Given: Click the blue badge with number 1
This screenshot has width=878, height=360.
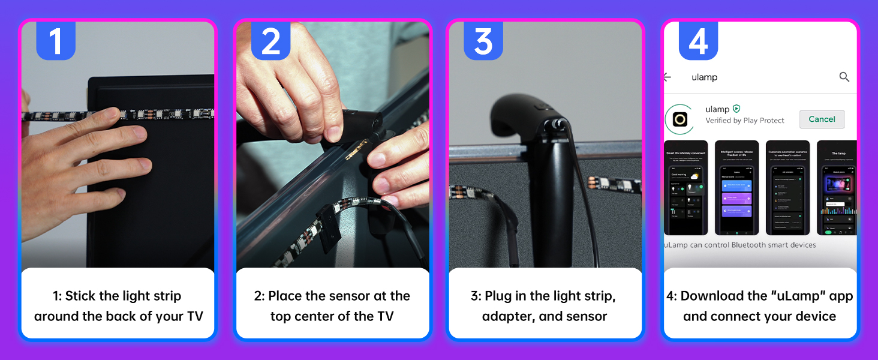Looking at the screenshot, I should pos(55,41).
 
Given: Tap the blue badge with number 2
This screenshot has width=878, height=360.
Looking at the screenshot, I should pos(270,41).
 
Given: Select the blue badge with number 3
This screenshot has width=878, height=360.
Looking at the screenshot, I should pos(483,41).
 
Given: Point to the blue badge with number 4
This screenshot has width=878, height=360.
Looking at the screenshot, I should pos(698,41).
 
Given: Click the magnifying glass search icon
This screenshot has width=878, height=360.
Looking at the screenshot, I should pos(844,77).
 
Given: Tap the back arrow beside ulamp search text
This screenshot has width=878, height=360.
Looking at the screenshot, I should pos(667,77).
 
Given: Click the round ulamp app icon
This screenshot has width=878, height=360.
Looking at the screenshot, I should pos(679,119).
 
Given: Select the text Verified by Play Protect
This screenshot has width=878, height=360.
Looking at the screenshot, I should pos(745,121).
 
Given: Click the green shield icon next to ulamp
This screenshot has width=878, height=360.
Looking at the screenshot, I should pos(736,109).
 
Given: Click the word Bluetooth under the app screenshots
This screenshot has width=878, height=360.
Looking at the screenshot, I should pos(746,245).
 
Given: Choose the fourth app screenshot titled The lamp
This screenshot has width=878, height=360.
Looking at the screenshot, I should pos(837,188).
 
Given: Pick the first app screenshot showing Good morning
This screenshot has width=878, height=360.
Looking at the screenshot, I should pos(687,188).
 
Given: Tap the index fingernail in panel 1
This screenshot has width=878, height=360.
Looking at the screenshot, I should pos(139,133).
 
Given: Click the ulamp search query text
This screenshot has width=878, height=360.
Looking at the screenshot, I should pos(704,77).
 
